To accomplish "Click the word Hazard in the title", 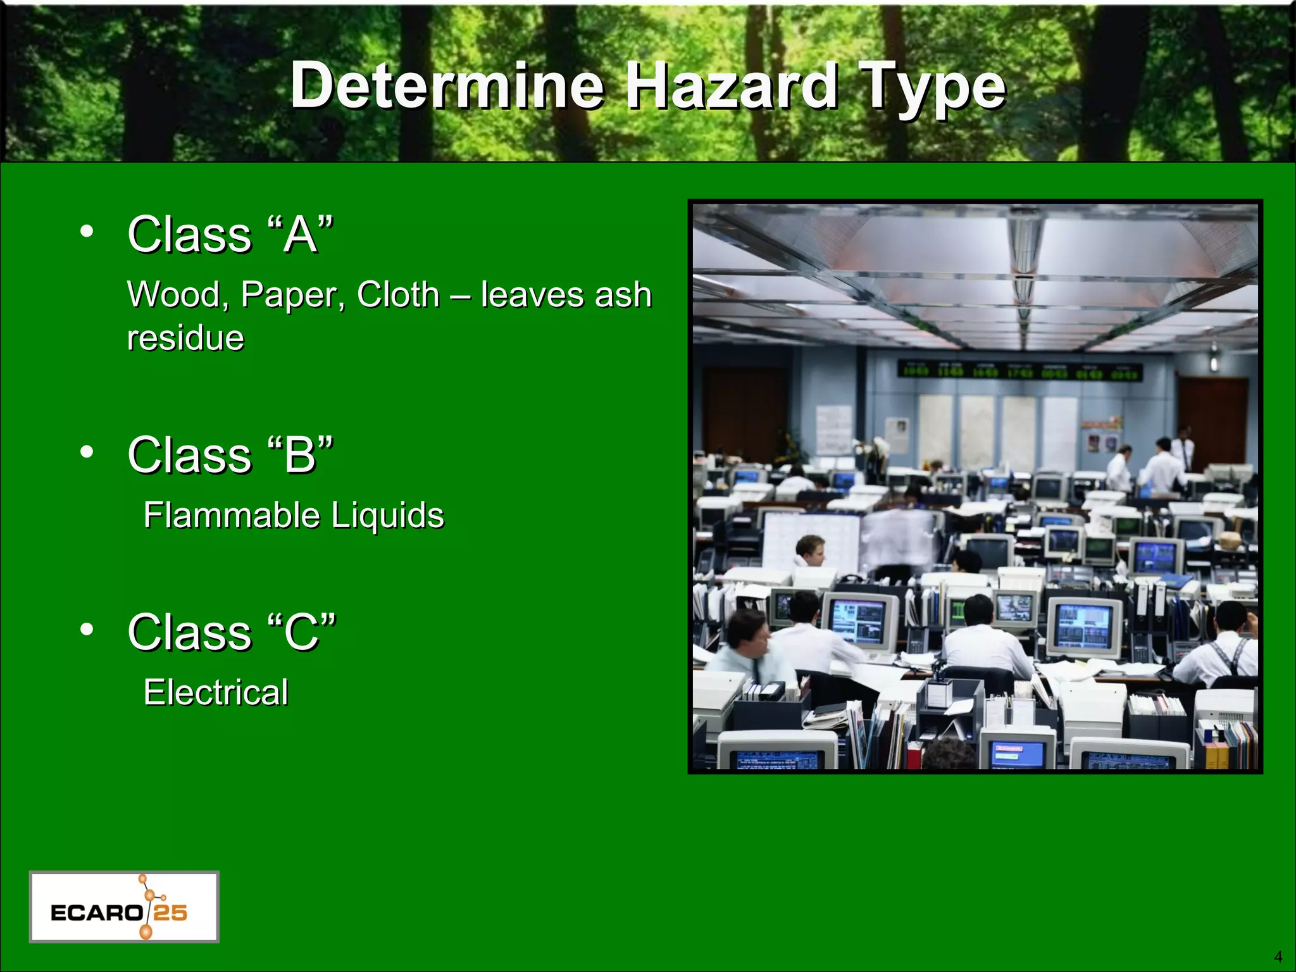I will pyautogui.click(x=732, y=85).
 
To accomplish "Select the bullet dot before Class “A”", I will pyautogui.click(x=87, y=231).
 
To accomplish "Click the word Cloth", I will pyautogui.click(x=398, y=295).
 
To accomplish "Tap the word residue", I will pyautogui.click(x=185, y=338).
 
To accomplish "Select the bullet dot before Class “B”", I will pyautogui.click(x=87, y=452).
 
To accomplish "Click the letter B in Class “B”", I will pyautogui.click(x=300, y=456).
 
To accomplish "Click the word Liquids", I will pyautogui.click(x=388, y=516).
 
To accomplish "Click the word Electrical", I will pyautogui.click(x=216, y=692).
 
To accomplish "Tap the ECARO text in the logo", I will pyautogui.click(x=96, y=913).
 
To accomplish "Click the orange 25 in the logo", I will pyautogui.click(x=171, y=913).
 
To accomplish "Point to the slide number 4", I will pyautogui.click(x=1278, y=957).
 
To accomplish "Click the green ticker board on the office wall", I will pyautogui.click(x=1019, y=371).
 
